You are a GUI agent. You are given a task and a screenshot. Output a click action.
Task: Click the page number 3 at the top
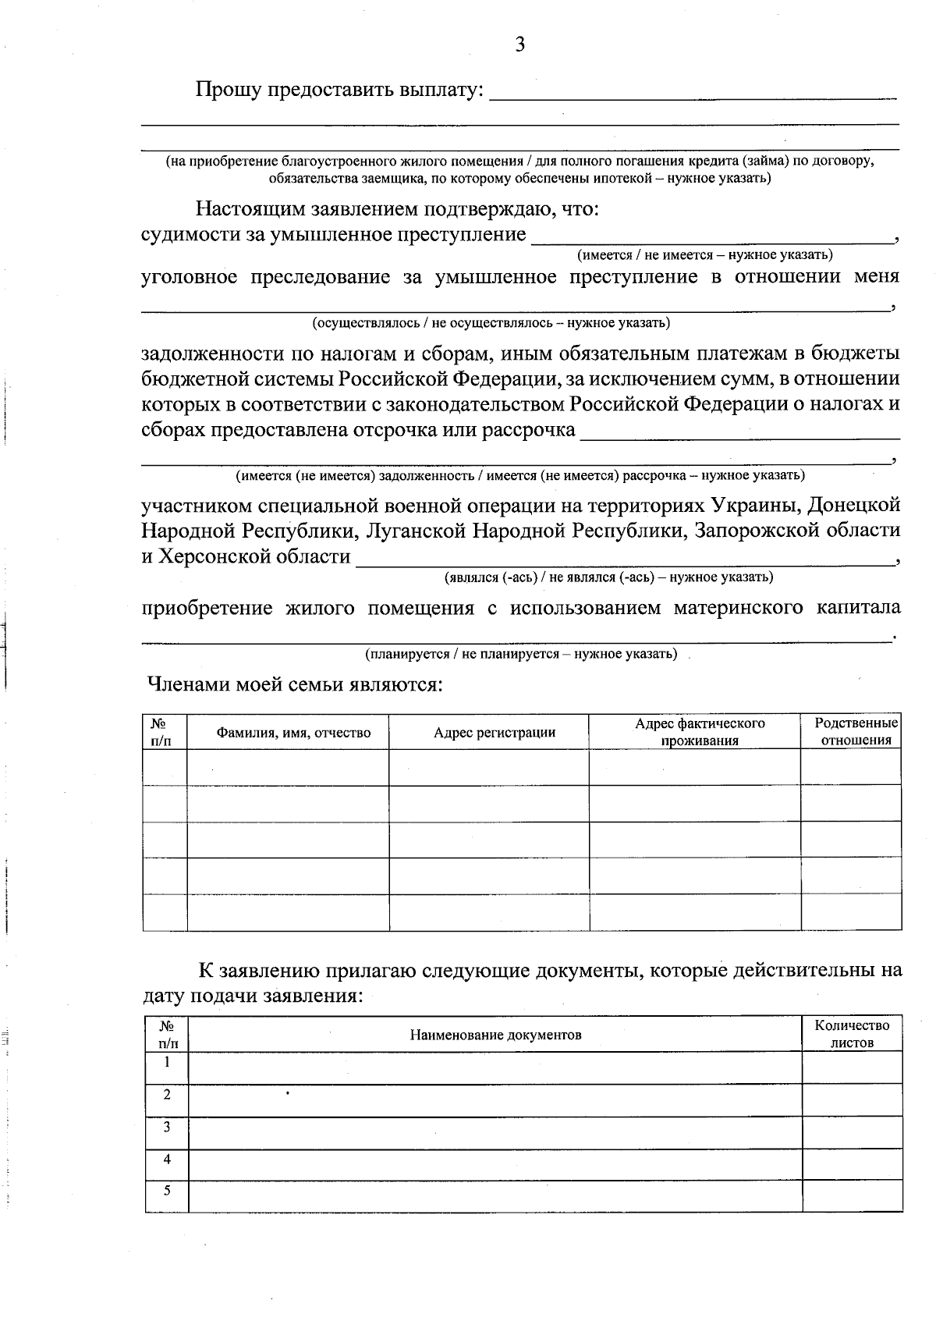point(519,44)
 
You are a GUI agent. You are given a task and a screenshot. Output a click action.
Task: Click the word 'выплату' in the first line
point(438,91)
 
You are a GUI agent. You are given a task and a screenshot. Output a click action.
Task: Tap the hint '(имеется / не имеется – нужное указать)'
point(704,254)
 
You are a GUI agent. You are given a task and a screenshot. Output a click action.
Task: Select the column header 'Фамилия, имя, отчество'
point(293,733)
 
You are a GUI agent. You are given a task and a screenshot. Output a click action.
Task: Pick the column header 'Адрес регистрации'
point(495,733)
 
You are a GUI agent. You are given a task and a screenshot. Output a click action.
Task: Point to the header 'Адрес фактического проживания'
point(700,732)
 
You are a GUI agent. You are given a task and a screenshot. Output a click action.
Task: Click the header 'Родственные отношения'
point(856,732)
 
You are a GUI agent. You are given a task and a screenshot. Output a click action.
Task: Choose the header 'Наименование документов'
point(495,1035)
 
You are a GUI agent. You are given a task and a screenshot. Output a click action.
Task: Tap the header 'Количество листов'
point(852,1034)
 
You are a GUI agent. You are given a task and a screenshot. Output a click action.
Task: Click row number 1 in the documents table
point(167,1062)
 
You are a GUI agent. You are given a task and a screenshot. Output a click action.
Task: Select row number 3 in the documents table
point(167,1127)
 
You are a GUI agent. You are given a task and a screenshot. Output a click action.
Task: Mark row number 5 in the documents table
point(167,1191)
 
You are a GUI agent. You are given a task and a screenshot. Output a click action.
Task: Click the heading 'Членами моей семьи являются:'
point(296,685)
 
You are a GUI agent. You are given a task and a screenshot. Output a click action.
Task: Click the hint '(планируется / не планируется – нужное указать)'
point(521,653)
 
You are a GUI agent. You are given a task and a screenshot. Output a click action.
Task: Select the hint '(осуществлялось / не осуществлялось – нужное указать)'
point(491,322)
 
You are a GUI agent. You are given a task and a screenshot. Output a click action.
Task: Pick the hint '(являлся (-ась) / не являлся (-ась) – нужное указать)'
point(608,577)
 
